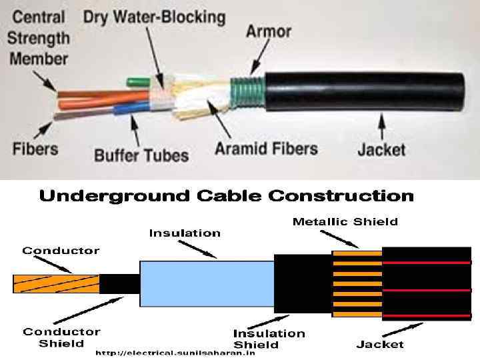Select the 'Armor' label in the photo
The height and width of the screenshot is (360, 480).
pos(268,31)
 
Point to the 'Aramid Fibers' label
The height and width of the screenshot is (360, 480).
pos(266,148)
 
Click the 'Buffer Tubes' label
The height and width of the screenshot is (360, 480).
pos(141,156)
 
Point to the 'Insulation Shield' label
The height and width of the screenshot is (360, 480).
pos(269,339)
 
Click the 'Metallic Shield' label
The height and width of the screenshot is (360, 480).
pos(345,221)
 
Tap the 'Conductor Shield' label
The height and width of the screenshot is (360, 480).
pos(61,337)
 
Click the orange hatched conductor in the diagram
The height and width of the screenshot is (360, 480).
pos(55,283)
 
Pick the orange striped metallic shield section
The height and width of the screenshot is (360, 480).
pos(356,283)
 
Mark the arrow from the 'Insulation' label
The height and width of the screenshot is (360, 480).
pos(200,248)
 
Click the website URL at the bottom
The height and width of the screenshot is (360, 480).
pos(175,353)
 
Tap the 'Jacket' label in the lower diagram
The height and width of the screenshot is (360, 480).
pos(380,344)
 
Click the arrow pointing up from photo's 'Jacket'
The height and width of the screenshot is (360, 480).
pos(382,123)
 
